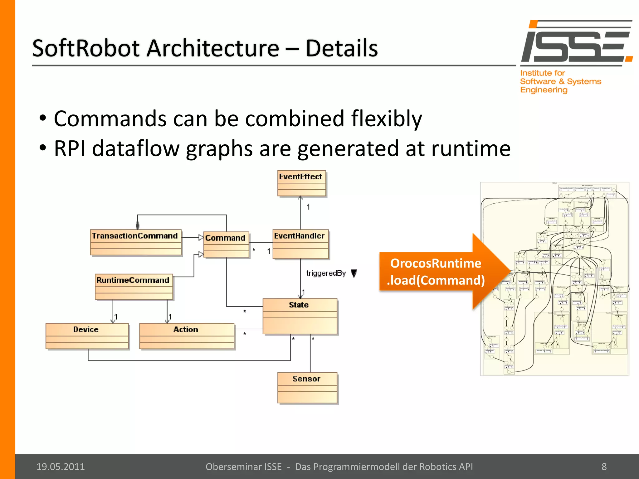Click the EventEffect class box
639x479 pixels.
(x=302, y=183)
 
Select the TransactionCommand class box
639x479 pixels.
(x=136, y=243)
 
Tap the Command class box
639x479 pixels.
(x=226, y=244)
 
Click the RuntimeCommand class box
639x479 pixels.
(x=134, y=287)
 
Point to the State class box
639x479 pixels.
(x=300, y=316)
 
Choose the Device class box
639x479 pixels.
(x=87, y=336)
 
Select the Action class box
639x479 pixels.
(x=187, y=336)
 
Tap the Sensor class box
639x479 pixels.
(x=307, y=388)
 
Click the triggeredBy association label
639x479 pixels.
(x=326, y=273)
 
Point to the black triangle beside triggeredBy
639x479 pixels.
(x=354, y=273)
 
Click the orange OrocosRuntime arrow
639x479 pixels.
(x=443, y=272)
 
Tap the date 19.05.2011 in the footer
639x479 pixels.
(x=61, y=467)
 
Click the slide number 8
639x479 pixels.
(x=604, y=467)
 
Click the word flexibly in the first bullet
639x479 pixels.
(x=386, y=119)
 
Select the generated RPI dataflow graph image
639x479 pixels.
(x=554, y=279)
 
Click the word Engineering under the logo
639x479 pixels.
(x=544, y=90)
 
